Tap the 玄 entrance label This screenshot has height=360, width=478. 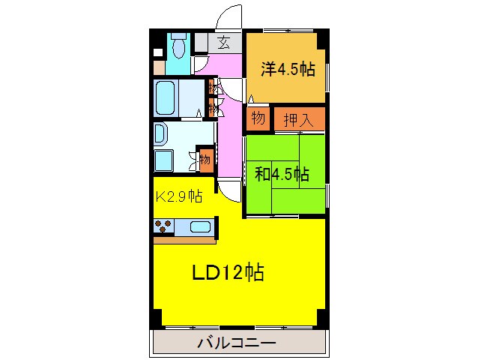click(x=223, y=43)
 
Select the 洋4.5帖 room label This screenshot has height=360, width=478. click(x=288, y=70)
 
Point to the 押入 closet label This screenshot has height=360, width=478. click(x=299, y=118)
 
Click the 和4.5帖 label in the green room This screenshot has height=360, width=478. click(x=282, y=175)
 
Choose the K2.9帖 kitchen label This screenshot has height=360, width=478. click(x=178, y=196)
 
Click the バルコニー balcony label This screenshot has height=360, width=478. click(x=237, y=343)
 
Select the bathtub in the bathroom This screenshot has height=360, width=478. click(x=169, y=97)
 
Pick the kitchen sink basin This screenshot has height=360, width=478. click(x=200, y=226)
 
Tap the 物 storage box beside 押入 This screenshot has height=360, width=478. click(x=258, y=118)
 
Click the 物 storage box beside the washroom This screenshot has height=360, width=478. click(x=206, y=159)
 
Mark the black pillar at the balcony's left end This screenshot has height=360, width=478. click(x=156, y=319)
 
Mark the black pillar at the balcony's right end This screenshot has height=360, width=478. click(x=321, y=319)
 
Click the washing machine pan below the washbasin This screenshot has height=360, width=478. click(x=164, y=160)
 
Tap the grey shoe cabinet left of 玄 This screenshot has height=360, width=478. click(x=202, y=43)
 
